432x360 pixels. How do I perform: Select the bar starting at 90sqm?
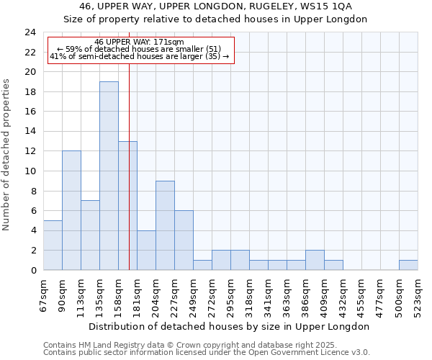(x=71, y=210)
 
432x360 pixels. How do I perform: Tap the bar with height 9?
(x=165, y=225)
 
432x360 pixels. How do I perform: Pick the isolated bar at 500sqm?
(x=408, y=265)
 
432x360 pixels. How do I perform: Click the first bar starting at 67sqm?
(x=53, y=245)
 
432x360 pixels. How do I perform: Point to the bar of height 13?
(x=127, y=205)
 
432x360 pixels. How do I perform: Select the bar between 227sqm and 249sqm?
(x=184, y=240)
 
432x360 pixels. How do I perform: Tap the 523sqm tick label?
(x=418, y=295)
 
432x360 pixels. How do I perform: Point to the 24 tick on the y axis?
(x=30, y=32)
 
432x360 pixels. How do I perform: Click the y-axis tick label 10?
(x=30, y=171)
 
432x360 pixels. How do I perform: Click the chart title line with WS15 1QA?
(x=216, y=6)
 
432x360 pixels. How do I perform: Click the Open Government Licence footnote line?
(x=207, y=352)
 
